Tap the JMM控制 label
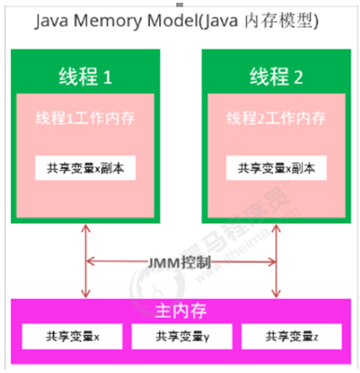point(182,262)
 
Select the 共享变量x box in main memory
point(72,338)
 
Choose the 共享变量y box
point(182,338)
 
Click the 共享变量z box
point(291,338)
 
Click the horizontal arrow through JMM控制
point(118,262)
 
